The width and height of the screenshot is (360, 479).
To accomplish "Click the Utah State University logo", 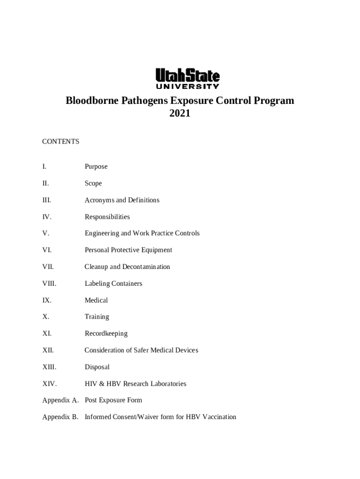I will [187, 79].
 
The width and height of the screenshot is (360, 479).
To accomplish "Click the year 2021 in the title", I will [180, 113].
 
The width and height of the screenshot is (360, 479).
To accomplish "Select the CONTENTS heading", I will [61, 141].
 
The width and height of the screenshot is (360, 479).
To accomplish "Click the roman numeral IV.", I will [47, 217].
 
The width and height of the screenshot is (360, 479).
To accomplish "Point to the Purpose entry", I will [96, 167].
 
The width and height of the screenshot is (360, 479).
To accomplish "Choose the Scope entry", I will [93, 183].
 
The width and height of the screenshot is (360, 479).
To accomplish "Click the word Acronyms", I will [99, 200].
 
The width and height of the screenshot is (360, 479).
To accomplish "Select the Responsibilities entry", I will [107, 217].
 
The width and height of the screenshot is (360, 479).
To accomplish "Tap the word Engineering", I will [101, 233].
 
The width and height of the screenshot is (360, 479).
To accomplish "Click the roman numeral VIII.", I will [49, 283].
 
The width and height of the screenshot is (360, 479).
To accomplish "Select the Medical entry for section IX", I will [96, 300].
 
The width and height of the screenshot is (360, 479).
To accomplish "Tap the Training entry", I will [97, 317].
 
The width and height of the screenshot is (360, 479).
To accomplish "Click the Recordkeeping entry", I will [106, 334].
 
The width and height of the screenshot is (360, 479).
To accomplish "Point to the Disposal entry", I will [97, 367].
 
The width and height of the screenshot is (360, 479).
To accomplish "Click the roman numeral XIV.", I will [50, 384].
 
